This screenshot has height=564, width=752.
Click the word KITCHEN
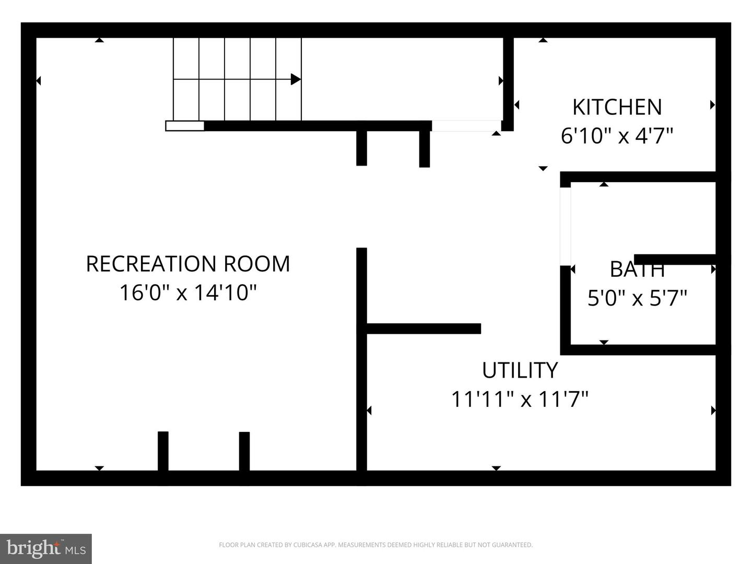617,107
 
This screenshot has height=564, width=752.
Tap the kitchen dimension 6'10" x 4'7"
617,136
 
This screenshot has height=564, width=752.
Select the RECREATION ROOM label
188,264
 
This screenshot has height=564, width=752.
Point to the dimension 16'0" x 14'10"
188,293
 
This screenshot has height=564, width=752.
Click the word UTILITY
520,370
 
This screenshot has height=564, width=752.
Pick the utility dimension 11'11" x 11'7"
520,399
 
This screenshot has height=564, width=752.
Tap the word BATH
637,269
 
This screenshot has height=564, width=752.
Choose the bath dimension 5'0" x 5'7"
637,298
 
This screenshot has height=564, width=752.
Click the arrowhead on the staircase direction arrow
296,79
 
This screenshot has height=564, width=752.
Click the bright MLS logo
46,549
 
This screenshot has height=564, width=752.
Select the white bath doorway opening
565,226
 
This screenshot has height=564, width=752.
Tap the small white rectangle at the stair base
185,126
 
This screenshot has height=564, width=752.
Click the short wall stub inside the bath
675,259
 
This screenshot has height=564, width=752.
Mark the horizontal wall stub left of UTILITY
424,328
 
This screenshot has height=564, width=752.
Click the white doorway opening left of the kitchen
467,126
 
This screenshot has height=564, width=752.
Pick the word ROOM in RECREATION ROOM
257,264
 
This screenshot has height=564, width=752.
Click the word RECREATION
151,264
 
